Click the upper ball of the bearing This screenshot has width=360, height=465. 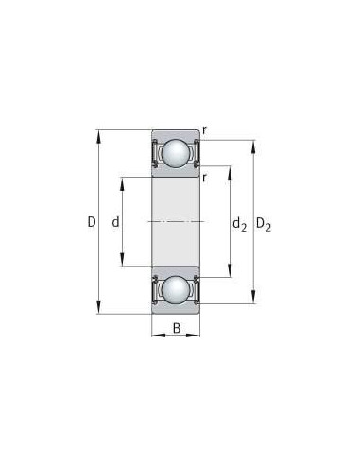tap(177, 151)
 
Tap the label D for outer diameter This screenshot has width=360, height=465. tap(91, 223)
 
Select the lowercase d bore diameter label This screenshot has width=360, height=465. tap(115, 223)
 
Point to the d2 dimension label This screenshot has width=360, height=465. tap(239, 224)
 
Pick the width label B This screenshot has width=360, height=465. tap(177, 330)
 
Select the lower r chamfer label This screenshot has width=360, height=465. tap(205, 176)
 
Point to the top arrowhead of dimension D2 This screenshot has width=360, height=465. tap(252, 143)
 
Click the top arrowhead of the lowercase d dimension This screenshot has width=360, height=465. tap(124, 179)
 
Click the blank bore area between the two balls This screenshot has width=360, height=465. tap(177, 222)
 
